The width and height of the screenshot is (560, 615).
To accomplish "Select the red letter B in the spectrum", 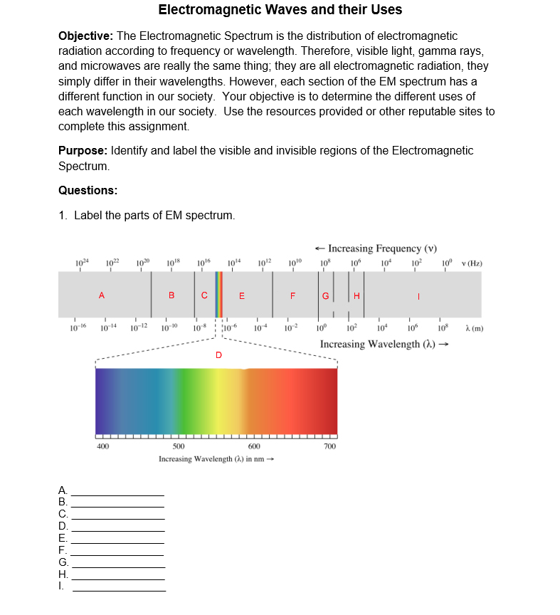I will [x=171, y=295].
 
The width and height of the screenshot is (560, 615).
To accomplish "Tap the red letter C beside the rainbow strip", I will [x=204, y=295].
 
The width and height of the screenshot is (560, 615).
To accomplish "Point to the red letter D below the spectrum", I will [x=218, y=354].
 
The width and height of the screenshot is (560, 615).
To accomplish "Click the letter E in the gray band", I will [x=242, y=295].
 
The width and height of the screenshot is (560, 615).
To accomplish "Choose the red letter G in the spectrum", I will [x=326, y=295].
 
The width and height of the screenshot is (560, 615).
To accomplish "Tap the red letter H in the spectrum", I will [x=356, y=295].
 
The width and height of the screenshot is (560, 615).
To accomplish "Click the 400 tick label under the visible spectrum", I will [x=103, y=446].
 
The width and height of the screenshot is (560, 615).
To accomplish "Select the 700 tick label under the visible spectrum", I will [x=329, y=446].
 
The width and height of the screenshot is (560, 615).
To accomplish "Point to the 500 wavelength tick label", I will [x=179, y=446].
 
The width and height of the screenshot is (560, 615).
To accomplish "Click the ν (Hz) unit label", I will [x=472, y=264].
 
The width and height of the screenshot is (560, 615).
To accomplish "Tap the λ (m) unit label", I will [x=473, y=327].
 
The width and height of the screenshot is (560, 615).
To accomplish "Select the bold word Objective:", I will [x=85, y=36].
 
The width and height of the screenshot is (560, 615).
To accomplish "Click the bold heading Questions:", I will [x=88, y=190].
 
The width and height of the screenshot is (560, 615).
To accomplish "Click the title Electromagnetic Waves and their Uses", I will [x=280, y=10].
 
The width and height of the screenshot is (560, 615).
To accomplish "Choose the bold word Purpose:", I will [x=83, y=150].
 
